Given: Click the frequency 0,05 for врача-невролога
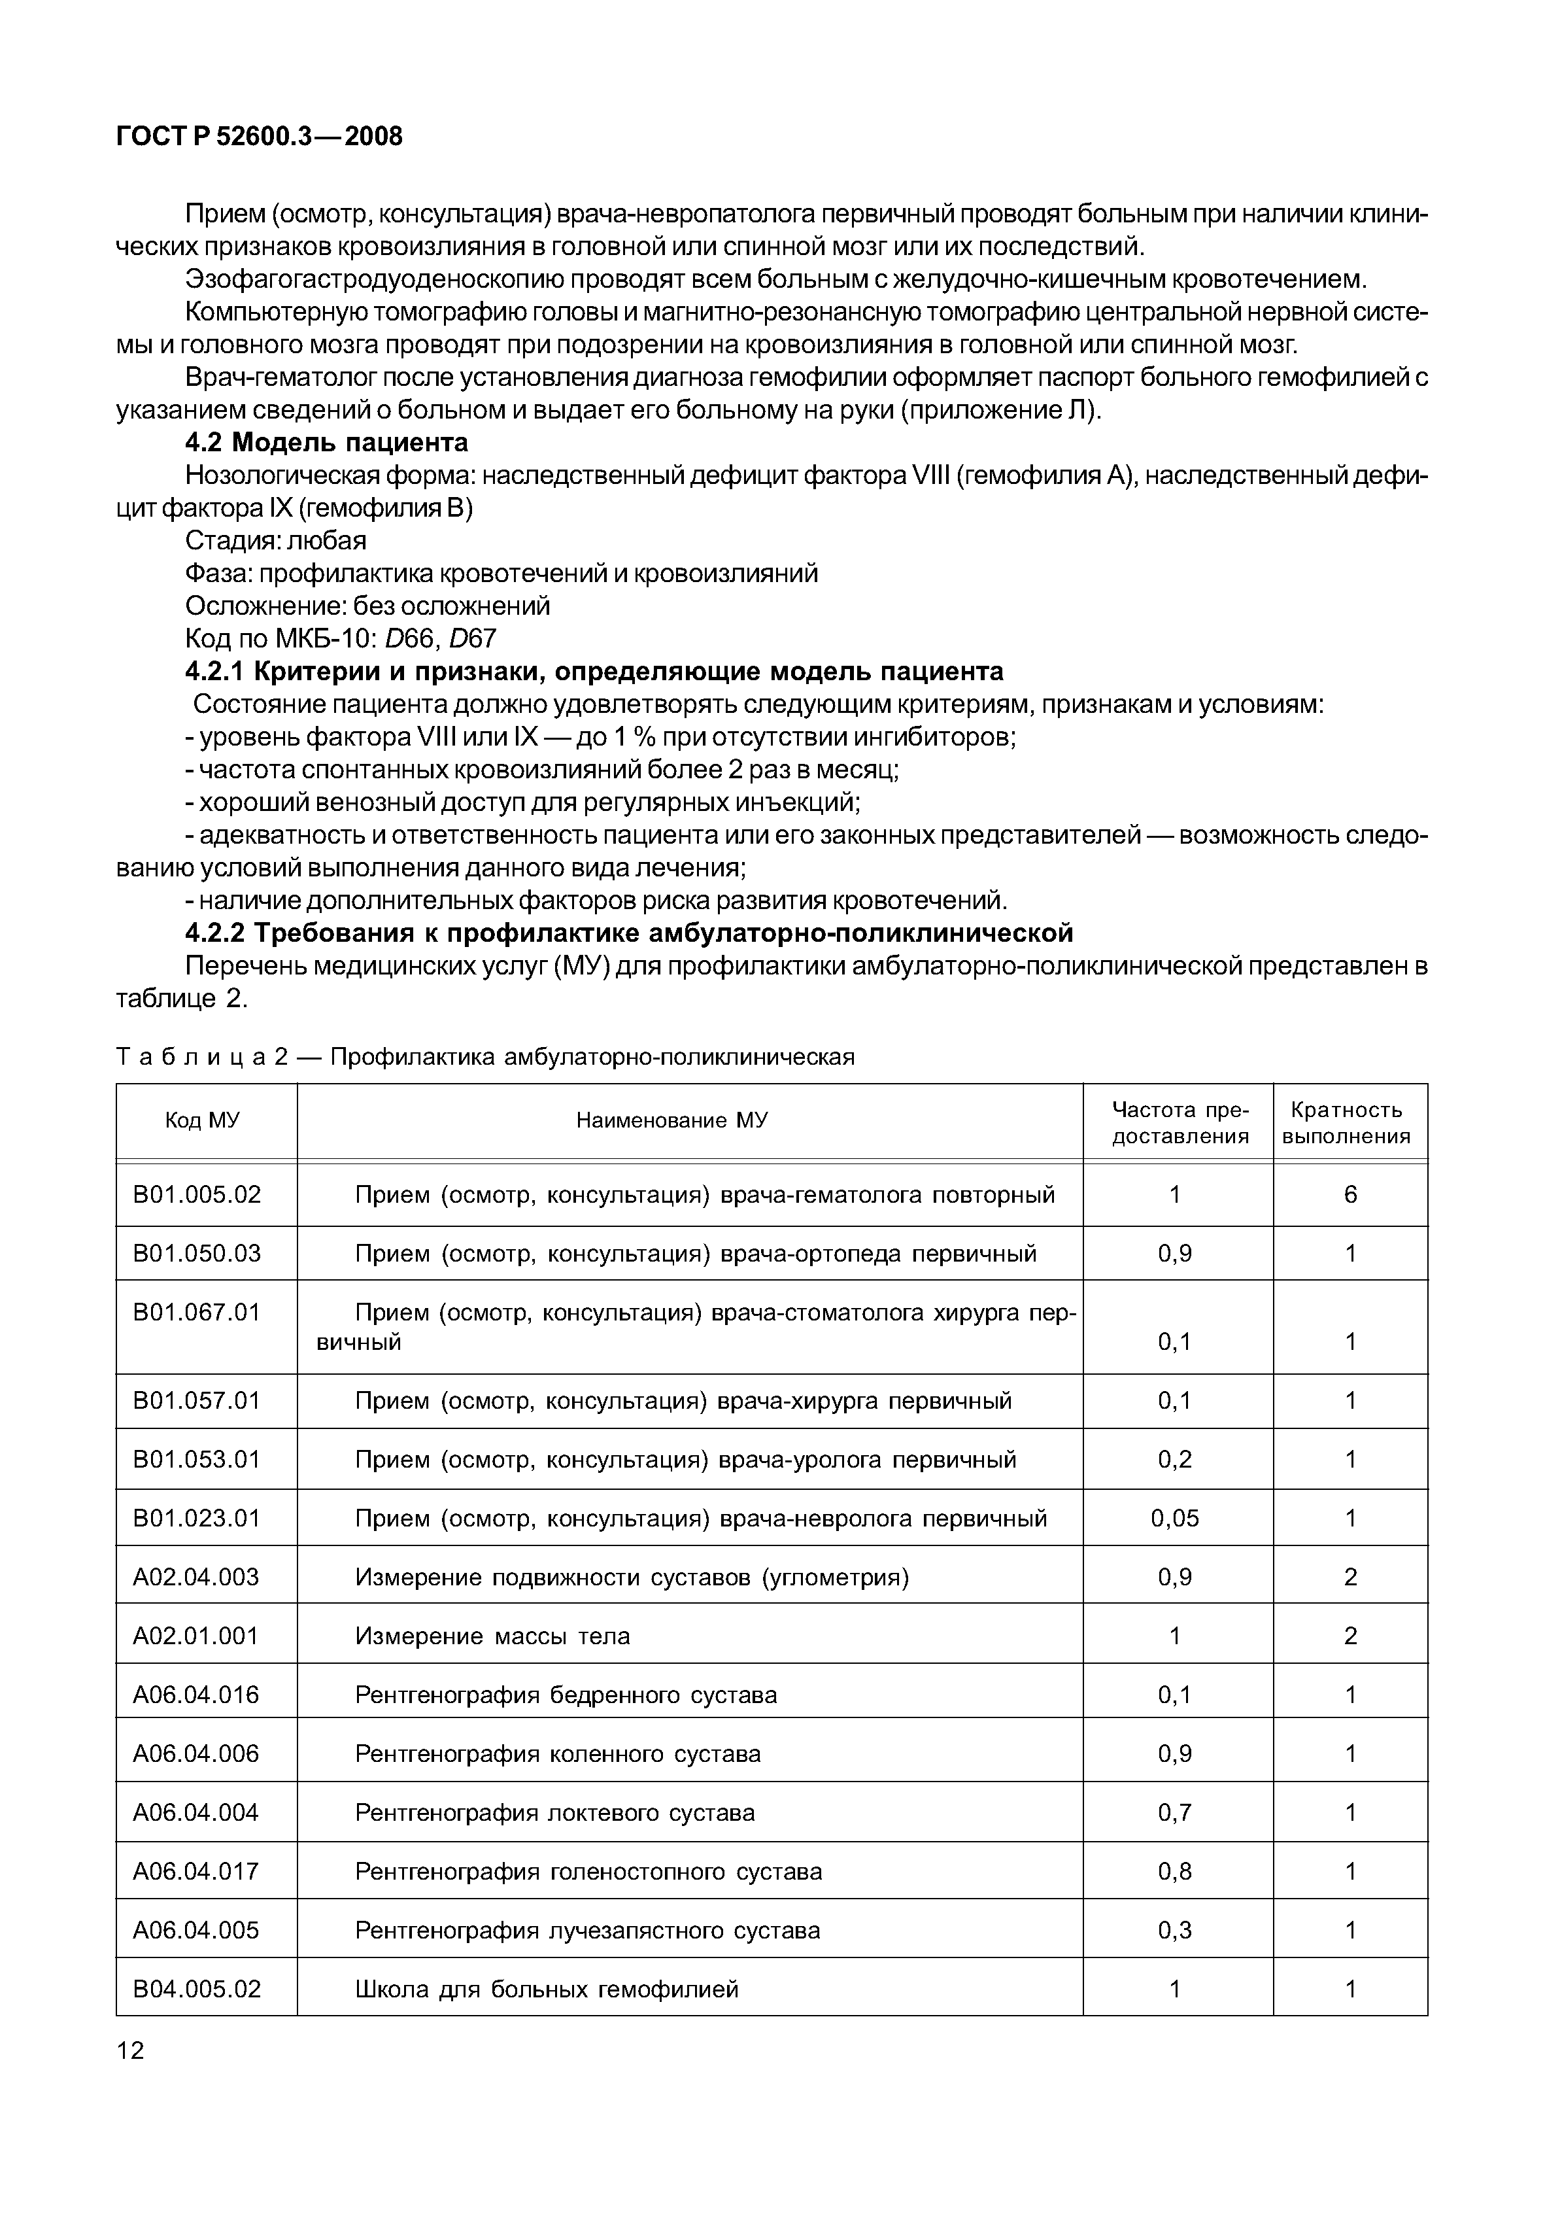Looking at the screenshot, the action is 1174,1518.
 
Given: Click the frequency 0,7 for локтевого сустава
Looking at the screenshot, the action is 1174,1812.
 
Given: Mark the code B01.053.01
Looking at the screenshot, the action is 197,1459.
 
